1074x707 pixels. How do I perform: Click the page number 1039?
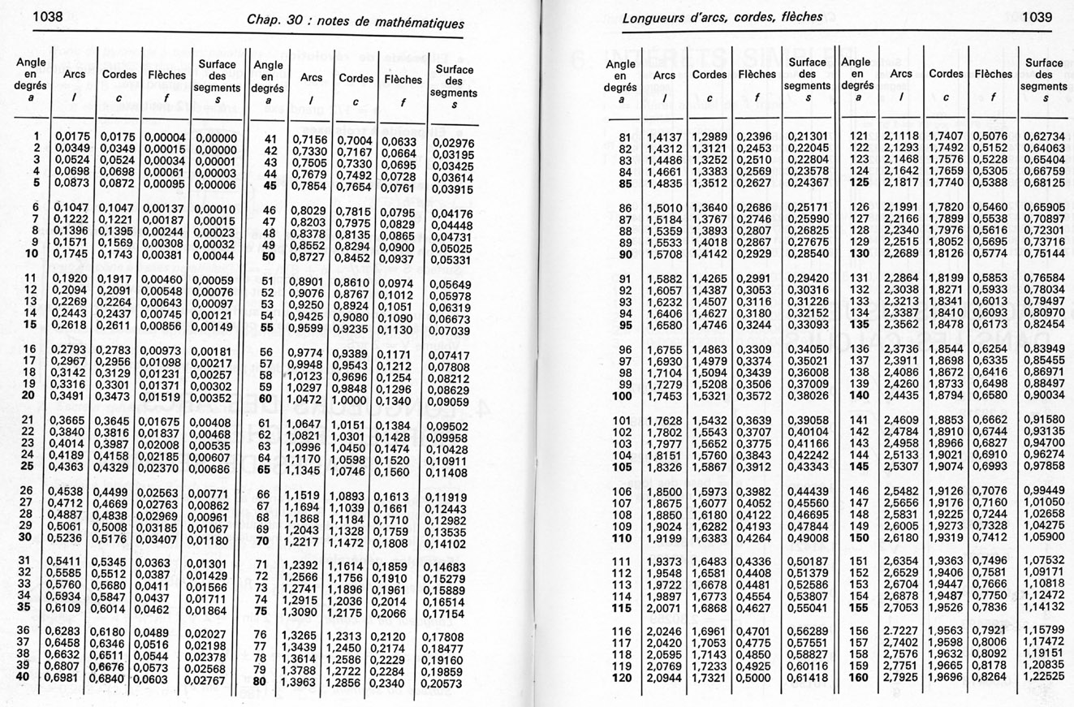1037,16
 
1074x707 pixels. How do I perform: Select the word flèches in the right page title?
799,16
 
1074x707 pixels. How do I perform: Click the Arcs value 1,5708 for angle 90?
663,254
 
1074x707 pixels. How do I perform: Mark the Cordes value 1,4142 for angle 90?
709,254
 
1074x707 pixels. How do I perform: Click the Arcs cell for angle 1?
73,136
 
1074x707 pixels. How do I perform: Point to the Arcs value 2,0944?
663,677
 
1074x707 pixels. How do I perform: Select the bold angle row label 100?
621,396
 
